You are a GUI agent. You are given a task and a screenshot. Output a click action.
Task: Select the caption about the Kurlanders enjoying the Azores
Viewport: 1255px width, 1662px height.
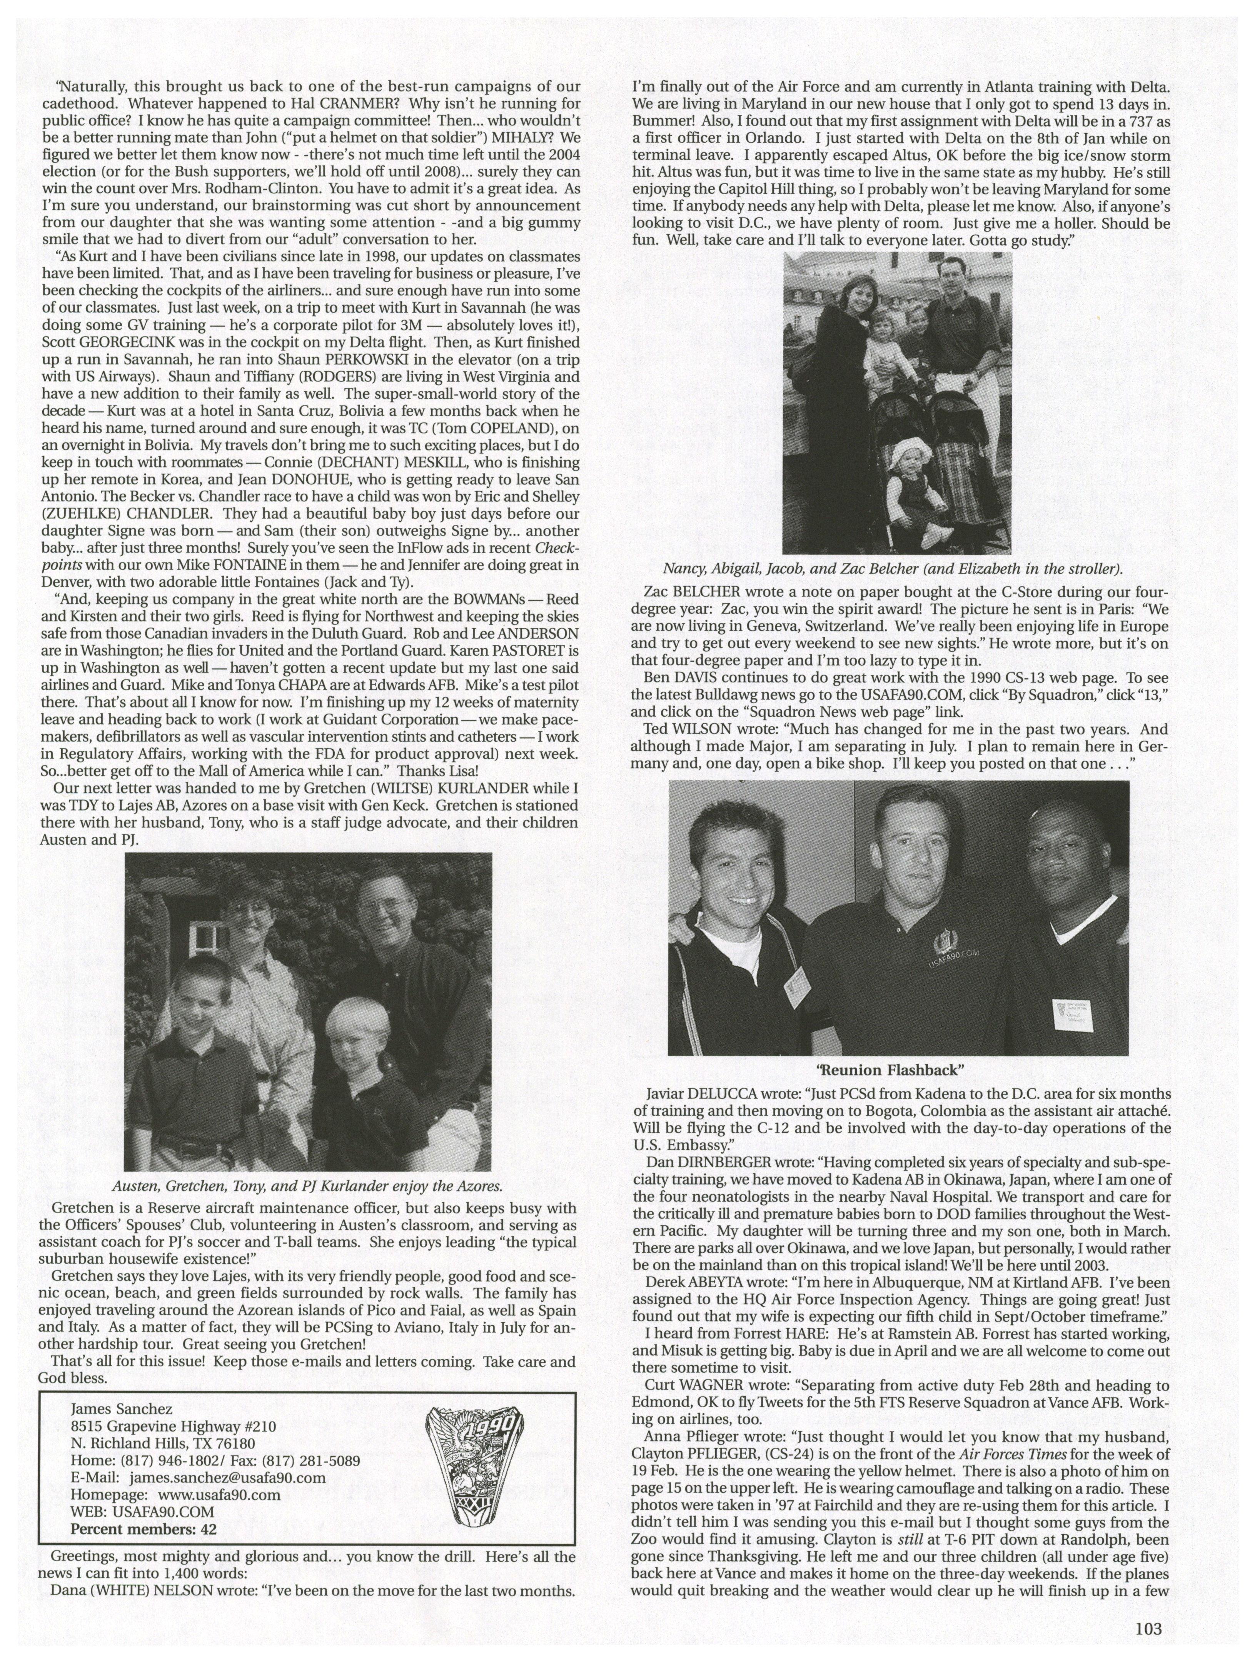coord(307,1186)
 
